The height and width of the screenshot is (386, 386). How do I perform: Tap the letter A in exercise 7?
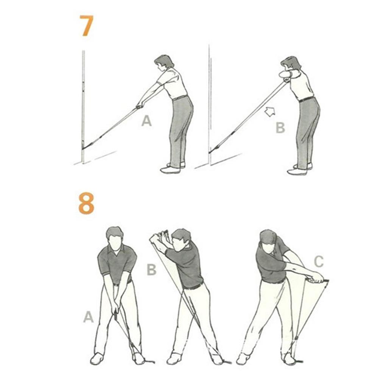(x=146, y=121)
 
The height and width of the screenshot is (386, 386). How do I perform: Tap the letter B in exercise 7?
(x=280, y=128)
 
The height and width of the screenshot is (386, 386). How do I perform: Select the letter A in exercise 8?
(x=88, y=317)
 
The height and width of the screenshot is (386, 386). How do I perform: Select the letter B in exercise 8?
(x=151, y=269)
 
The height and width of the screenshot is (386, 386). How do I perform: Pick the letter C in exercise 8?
(x=319, y=261)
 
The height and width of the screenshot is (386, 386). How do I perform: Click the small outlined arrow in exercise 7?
(x=270, y=112)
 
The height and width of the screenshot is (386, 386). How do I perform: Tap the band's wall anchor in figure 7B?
(x=210, y=151)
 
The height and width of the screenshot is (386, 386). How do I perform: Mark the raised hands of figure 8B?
(x=159, y=237)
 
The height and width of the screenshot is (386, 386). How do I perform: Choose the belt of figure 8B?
(x=194, y=286)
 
